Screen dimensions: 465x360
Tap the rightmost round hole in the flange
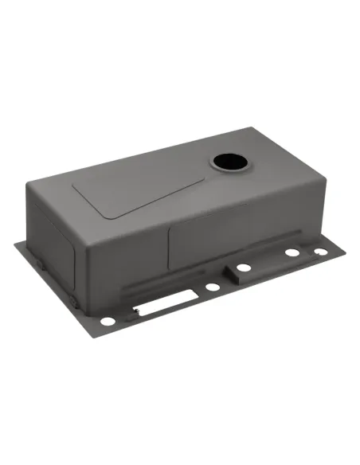click(319, 252)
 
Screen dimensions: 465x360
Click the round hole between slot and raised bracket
click(211, 286)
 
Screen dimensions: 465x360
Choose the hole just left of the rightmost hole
click(292, 253)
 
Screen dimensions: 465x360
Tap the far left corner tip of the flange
click(15, 242)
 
